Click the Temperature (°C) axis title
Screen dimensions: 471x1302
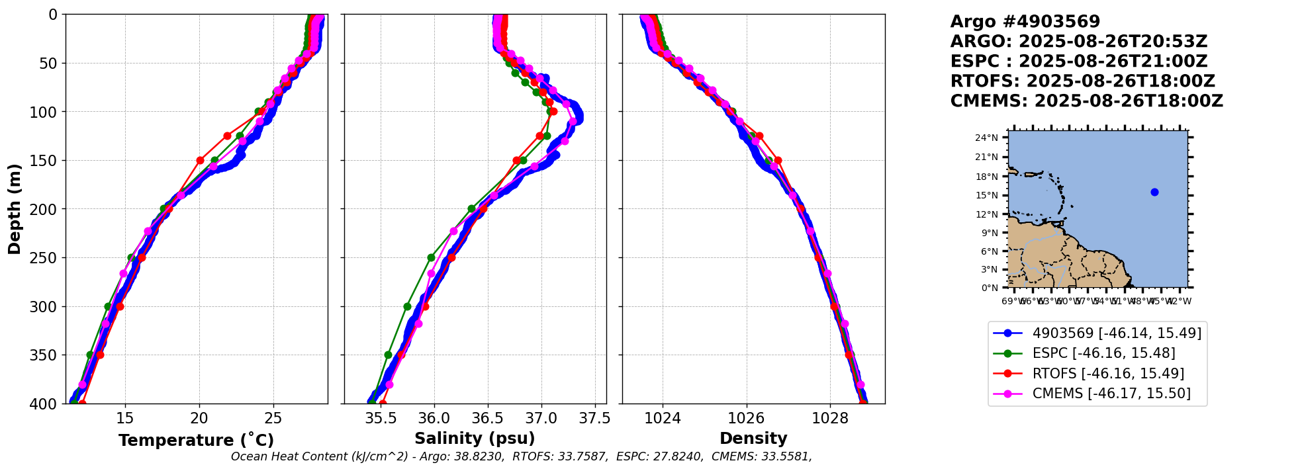tap(196, 441)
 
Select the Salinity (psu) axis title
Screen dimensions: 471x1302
tap(475, 439)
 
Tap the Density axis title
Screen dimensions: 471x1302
tap(753, 439)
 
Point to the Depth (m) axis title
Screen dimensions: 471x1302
tap(14, 209)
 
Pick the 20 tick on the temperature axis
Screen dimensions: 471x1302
tap(199, 418)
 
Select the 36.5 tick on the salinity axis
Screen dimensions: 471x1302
tap(488, 418)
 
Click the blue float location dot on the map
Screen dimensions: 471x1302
tap(1154, 192)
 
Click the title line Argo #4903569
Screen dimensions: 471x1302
tap(1025, 22)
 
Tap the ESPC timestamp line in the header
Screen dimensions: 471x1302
tap(1079, 62)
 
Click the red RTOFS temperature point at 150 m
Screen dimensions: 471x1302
tap(200, 160)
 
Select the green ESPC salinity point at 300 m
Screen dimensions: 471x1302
tap(407, 306)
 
